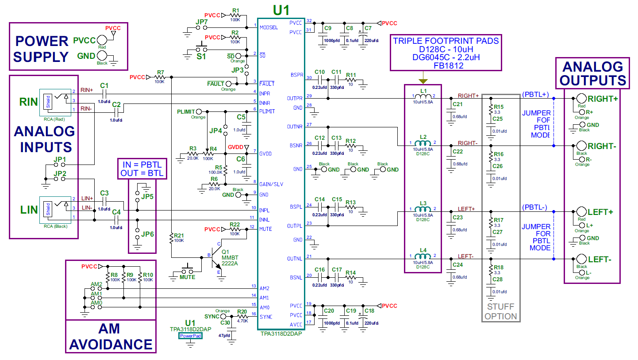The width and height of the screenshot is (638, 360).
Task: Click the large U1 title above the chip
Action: pyautogui.click(x=281, y=9)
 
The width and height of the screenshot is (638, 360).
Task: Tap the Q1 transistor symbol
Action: pyautogui.click(x=217, y=256)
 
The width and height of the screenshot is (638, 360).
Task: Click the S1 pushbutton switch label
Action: pyautogui.click(x=201, y=57)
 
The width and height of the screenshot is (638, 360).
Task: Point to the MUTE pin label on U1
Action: pyautogui.click(x=266, y=229)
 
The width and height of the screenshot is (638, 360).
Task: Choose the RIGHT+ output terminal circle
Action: pyautogui.click(x=581, y=99)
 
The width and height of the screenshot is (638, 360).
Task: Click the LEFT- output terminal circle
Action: pyautogui.click(x=581, y=259)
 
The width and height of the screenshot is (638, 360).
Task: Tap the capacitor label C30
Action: pyautogui.click(x=225, y=323)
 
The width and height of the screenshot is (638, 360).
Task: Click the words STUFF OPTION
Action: pyautogui.click(x=500, y=311)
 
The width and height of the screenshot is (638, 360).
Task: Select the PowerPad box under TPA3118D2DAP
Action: pyautogui.click(x=190, y=336)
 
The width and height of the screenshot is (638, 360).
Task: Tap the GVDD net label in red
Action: pyautogui.click(x=235, y=147)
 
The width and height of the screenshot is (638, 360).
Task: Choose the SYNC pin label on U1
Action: pyautogui.click(x=266, y=317)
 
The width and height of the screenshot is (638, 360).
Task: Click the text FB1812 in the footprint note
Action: pyautogui.click(x=446, y=65)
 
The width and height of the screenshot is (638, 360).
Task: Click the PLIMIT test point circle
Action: pyautogui.click(x=199, y=111)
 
